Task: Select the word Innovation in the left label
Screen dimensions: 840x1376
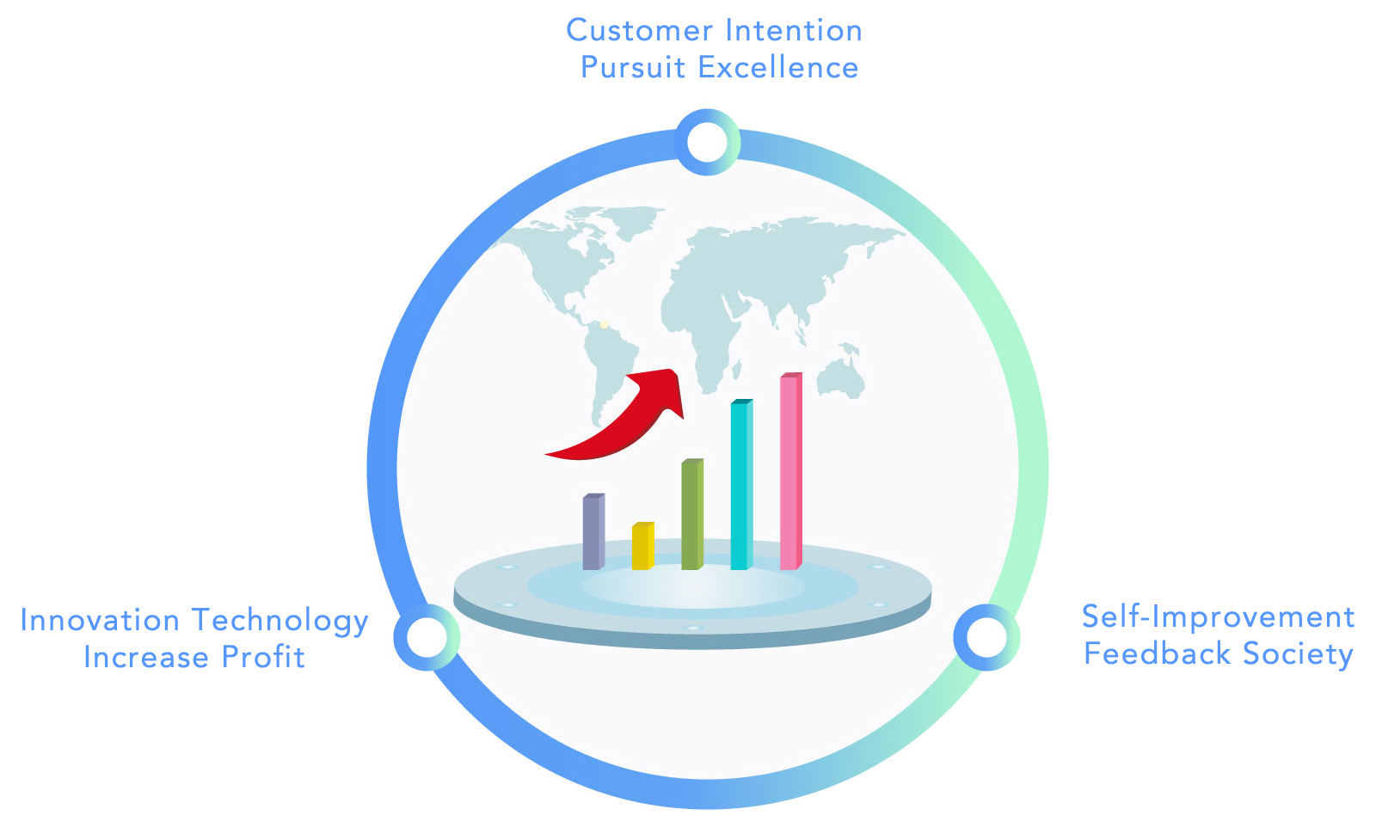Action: (100, 620)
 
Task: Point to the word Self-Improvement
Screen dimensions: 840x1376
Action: (1218, 616)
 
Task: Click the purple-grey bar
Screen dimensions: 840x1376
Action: (593, 532)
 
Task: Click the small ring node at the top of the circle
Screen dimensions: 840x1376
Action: (707, 142)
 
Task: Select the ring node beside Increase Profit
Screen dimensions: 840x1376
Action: (427, 637)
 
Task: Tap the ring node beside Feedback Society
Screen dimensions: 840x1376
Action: (986, 637)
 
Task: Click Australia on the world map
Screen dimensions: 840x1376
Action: (841, 376)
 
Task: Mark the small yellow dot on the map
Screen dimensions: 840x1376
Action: (605, 325)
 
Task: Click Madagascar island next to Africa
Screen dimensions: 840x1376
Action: (736, 369)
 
